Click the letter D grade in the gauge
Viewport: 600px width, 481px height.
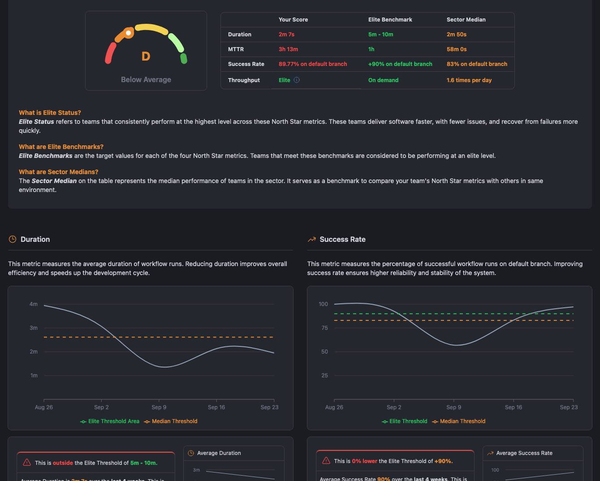pyautogui.click(x=146, y=57)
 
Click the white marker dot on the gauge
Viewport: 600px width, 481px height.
pyautogui.click(x=129, y=33)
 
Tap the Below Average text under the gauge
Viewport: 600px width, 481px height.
pyautogui.click(x=146, y=79)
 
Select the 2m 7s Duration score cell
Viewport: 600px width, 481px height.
pyautogui.click(x=286, y=35)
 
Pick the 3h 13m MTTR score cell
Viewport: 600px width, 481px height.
pyautogui.click(x=288, y=49)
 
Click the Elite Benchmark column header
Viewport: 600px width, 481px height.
pyautogui.click(x=390, y=20)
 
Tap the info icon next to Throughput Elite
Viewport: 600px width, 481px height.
pyautogui.click(x=297, y=80)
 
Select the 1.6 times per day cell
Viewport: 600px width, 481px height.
pyautogui.click(x=469, y=80)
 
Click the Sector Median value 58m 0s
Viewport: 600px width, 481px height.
pyautogui.click(x=456, y=49)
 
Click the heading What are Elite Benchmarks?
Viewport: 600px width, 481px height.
pyautogui.click(x=61, y=147)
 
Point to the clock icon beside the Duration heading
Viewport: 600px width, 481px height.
pyautogui.click(x=13, y=239)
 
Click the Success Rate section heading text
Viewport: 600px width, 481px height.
pyautogui.click(x=342, y=239)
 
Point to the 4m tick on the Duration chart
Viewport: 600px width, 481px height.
pyautogui.click(x=34, y=304)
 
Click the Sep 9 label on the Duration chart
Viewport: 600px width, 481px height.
pyautogui.click(x=159, y=407)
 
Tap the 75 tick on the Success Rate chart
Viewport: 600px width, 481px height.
pyautogui.click(x=324, y=328)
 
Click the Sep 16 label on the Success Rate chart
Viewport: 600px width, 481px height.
pyautogui.click(x=513, y=407)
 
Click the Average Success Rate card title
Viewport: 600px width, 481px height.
pyautogui.click(x=524, y=453)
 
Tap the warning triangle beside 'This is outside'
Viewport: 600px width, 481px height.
pyautogui.click(x=27, y=463)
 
